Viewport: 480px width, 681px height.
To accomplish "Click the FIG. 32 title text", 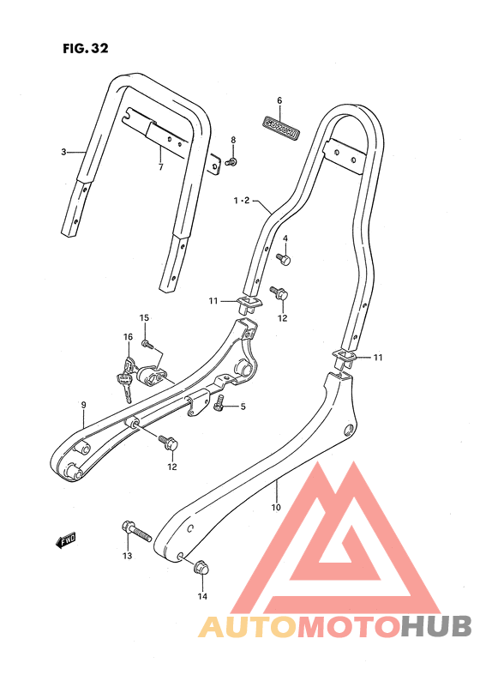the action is point(86,48).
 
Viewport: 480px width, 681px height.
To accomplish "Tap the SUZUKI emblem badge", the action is point(281,129).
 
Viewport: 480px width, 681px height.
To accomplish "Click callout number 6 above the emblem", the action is point(279,100).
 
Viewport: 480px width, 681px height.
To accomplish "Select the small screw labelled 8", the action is point(232,162).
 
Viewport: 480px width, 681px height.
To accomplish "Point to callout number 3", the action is point(63,152).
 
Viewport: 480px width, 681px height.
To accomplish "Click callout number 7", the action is point(160,167).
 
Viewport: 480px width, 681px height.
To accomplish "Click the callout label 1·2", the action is point(242,201).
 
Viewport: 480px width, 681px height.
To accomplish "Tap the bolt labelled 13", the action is point(136,531).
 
